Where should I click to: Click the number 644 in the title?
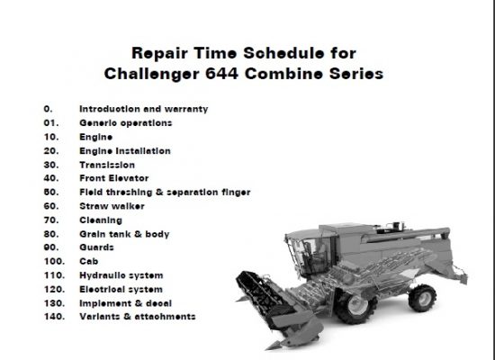pos(221,74)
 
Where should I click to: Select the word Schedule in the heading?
pos(283,53)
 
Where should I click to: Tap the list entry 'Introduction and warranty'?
pos(144,109)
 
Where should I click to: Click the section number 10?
pos(51,137)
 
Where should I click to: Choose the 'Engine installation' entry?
pos(125,151)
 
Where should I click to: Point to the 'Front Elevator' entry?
pos(114,178)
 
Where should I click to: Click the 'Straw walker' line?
pos(112,206)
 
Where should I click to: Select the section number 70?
pos(51,220)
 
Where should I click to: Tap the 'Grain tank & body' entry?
pos(124,234)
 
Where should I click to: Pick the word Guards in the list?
pos(96,247)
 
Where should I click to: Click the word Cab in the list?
pos(89,261)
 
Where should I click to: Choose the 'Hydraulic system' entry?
pos(121,275)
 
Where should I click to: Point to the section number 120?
pos(54,289)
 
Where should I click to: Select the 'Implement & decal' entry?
pos(125,303)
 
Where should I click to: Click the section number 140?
pos(54,317)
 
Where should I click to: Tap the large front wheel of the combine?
pos(355,305)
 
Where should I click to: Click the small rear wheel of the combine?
pos(422,298)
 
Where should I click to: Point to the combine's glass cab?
pos(311,254)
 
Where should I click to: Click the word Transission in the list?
pos(107,165)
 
